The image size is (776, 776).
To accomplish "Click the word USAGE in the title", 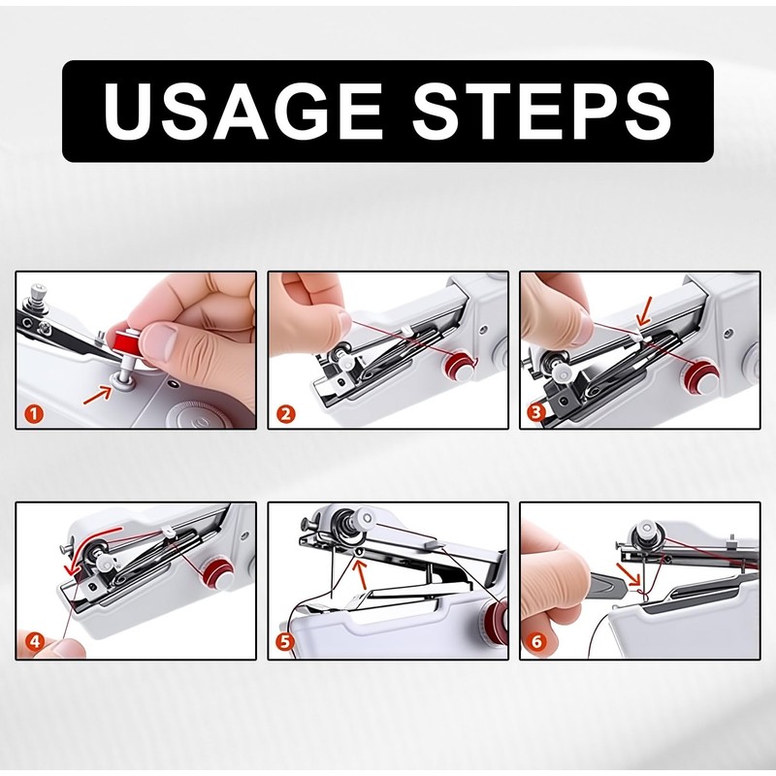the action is point(243,112).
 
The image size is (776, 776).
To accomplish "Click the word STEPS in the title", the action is point(542,112).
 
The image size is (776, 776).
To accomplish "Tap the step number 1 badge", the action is point(34,414).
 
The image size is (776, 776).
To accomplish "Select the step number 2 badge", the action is point(285,414).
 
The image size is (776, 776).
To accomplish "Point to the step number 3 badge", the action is point(537,411).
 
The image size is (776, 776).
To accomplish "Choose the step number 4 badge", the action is point(35,641).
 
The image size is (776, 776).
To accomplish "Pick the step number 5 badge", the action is point(285,642).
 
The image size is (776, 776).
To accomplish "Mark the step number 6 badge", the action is point(537,642).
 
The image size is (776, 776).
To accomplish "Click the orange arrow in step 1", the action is point(98,396).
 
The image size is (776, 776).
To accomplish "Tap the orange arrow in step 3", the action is point(645,311).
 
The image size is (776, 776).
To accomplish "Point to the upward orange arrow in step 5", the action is point(361,571).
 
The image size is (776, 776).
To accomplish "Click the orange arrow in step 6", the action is point(629,574).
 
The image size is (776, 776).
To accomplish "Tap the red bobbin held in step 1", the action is point(126,341).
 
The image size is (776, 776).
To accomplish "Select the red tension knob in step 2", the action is point(458,366).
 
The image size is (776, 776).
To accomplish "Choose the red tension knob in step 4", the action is point(217,575).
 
